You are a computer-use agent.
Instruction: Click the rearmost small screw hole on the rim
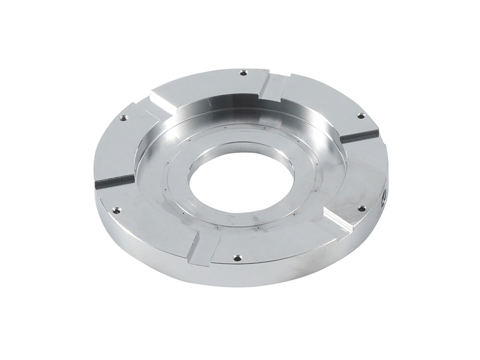point(243,73)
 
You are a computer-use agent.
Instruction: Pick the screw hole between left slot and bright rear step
point(123,118)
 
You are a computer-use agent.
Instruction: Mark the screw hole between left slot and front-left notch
point(116,210)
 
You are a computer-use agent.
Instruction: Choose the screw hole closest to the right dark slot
point(361,115)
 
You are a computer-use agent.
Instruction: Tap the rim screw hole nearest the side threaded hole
point(361,209)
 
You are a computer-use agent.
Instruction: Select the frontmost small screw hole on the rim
point(236,257)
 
